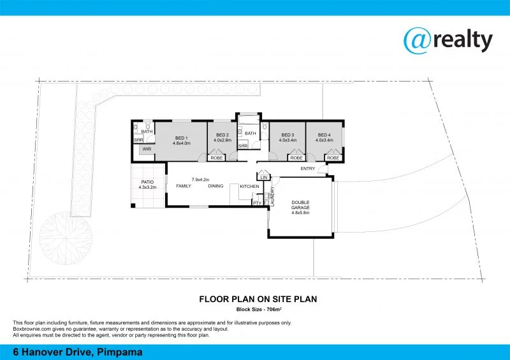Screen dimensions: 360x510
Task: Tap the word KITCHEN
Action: coord(249,186)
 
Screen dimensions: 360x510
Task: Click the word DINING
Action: coord(215,186)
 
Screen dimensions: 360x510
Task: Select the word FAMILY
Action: coord(184,186)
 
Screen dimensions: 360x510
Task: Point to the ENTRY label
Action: coord(308,168)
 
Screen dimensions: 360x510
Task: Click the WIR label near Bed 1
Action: coord(147,149)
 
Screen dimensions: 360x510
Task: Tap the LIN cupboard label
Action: coord(264,176)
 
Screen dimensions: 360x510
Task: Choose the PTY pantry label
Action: coord(257,203)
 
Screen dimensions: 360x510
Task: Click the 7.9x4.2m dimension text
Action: coord(201,179)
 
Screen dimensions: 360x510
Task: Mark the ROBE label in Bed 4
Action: coord(333,157)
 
